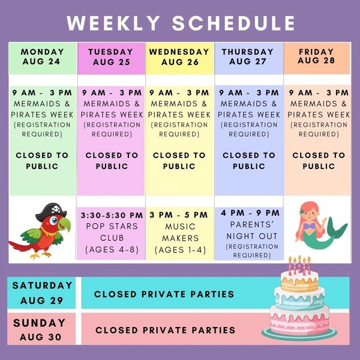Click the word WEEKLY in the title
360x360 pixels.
(x=113, y=23)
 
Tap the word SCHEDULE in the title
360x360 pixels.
(x=233, y=23)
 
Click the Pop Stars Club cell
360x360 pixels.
(x=112, y=233)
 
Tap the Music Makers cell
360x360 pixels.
(x=180, y=233)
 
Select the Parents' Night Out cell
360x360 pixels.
(x=249, y=233)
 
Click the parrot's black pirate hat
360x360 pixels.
(x=51, y=211)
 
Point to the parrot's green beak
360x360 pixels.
(x=65, y=224)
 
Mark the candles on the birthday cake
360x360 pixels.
(x=299, y=265)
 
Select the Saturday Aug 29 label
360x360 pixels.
(x=42, y=293)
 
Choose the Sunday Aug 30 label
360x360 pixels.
(x=40, y=329)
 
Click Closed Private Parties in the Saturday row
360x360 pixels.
(x=164, y=294)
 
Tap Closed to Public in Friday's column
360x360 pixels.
(x=319, y=160)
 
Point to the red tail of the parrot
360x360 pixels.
(x=20, y=246)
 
